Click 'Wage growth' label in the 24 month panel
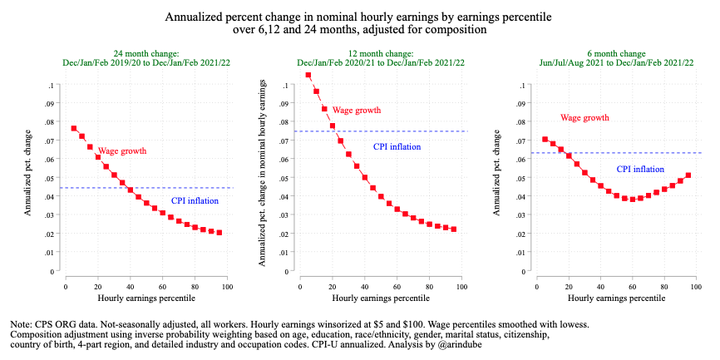click(122, 151)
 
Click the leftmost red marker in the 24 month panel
click(74, 129)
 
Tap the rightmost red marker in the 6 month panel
click(688, 175)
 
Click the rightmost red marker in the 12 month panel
click(454, 229)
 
